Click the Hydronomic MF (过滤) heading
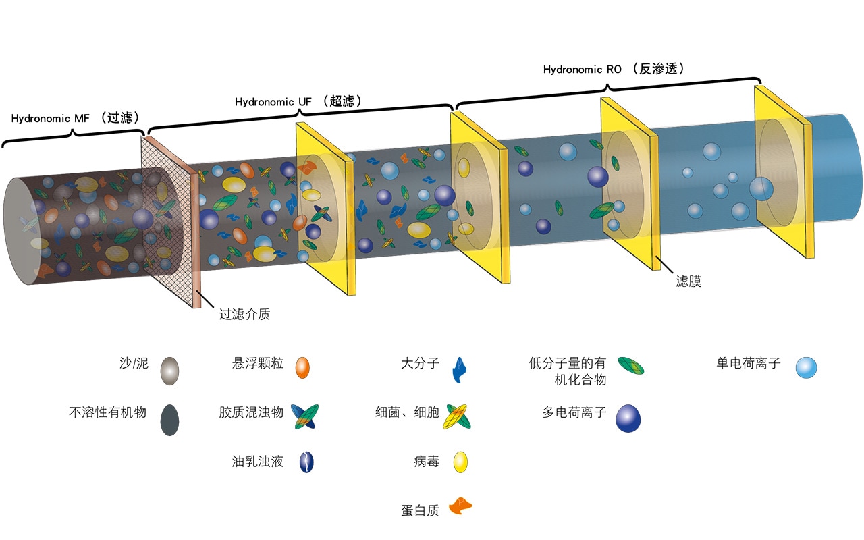coord(75,117)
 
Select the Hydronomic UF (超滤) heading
coord(298,101)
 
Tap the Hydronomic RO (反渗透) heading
coord(614,69)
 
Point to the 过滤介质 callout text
coord(244,314)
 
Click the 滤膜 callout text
coord(688,281)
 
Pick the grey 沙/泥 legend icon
coord(169,371)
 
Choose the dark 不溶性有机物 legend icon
coord(169,420)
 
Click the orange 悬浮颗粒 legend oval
coord(303,368)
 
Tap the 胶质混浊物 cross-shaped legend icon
coord(304,416)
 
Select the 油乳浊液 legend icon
coord(306,462)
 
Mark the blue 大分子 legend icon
coord(459,370)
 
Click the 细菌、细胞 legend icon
coord(458,416)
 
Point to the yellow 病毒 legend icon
coord(460,462)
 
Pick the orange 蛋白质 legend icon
coord(460,506)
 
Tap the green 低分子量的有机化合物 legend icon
coord(631,366)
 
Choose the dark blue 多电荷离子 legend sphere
coord(628,418)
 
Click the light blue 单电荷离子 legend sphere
coord(806,368)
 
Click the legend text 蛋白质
coord(420,511)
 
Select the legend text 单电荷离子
coord(749,363)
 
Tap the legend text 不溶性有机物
coord(107,412)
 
